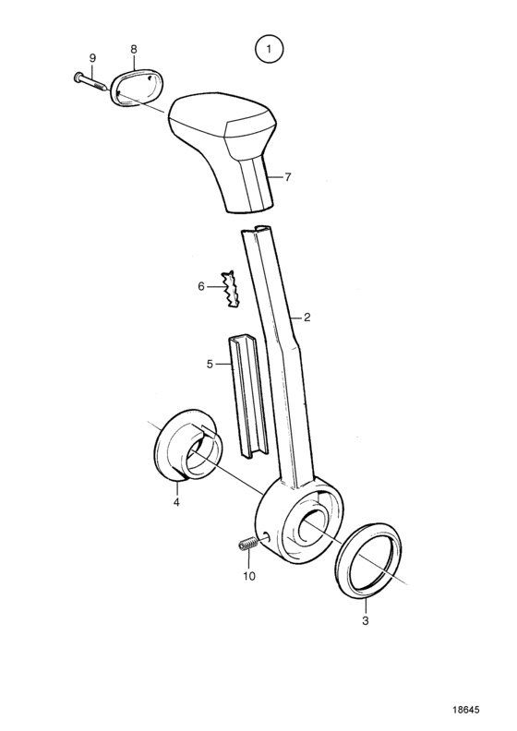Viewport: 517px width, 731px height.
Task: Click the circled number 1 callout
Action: tap(269, 49)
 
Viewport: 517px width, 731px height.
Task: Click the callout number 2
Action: tap(307, 318)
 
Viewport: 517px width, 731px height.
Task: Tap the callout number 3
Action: tap(366, 620)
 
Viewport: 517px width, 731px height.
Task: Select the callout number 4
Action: tap(176, 502)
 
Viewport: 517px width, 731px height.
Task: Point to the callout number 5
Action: tap(210, 364)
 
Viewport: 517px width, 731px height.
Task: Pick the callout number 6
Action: tap(201, 286)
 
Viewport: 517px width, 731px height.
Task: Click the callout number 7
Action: tap(288, 177)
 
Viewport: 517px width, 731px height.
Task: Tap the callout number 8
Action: tap(134, 49)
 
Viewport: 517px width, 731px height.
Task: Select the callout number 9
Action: tap(92, 58)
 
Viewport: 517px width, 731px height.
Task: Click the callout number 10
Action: tap(249, 576)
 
